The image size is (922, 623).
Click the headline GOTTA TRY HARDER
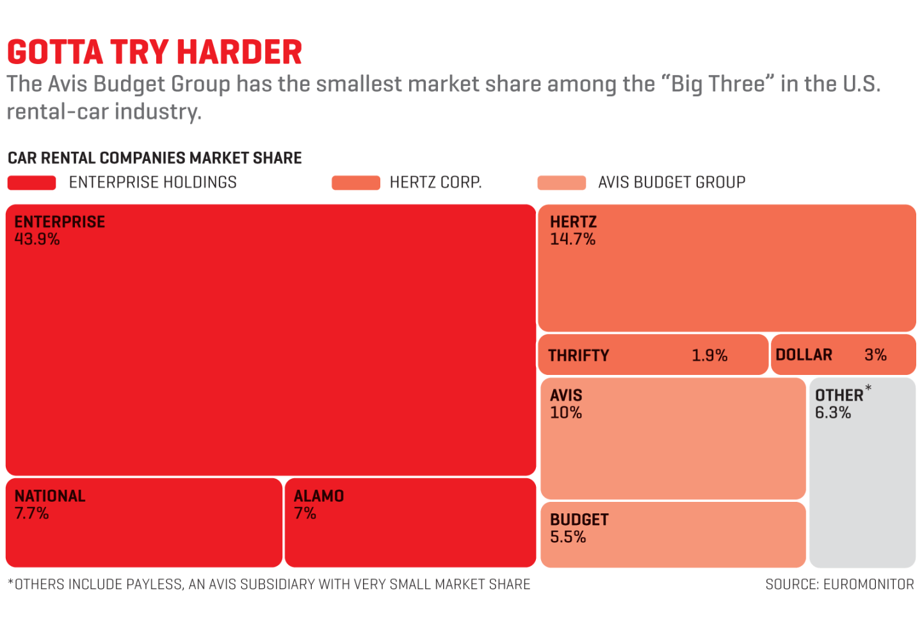click(154, 53)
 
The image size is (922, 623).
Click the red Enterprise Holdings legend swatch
click(31, 183)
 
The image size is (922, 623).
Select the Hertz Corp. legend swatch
click(355, 183)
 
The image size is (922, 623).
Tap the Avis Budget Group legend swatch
click(562, 183)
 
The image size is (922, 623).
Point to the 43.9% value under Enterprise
click(37, 240)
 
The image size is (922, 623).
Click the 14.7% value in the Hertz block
click(572, 240)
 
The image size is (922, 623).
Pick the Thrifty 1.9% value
click(709, 356)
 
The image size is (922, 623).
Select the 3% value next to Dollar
click(875, 355)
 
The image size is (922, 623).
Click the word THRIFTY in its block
click(579, 356)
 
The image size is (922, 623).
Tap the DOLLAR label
click(804, 355)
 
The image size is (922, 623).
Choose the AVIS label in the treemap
click(566, 395)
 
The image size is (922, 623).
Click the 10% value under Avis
click(566, 413)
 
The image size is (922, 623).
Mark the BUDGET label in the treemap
click(579, 520)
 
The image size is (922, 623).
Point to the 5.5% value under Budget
click(568, 537)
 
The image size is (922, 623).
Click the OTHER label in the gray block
click(839, 395)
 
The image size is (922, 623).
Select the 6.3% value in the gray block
click(833, 413)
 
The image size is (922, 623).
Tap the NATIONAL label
click(50, 496)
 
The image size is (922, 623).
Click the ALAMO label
click(319, 496)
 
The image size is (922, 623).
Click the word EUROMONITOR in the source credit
click(868, 585)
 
